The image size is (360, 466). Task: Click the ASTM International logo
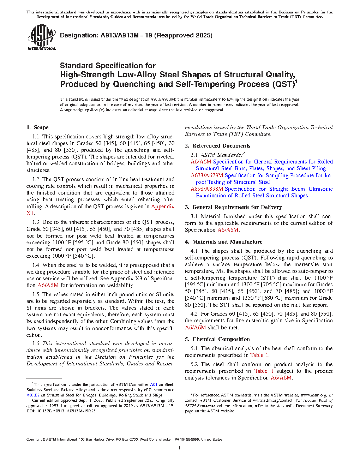(42, 37)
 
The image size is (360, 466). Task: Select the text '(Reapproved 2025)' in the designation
(184, 35)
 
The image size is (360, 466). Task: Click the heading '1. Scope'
(37, 127)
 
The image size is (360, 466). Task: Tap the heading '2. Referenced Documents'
(217, 146)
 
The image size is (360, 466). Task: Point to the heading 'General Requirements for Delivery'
(237, 207)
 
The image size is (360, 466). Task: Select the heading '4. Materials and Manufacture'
(223, 242)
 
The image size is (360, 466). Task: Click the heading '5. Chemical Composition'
(217, 339)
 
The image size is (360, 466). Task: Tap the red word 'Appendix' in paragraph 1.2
(162, 207)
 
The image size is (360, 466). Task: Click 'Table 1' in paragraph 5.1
(259, 355)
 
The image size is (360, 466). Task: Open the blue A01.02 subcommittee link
(33, 395)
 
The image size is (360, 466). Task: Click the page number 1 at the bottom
(180, 448)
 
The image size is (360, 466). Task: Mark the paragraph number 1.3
(36, 222)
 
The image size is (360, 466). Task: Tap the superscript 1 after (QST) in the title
(296, 81)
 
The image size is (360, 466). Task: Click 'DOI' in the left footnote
(30, 411)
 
